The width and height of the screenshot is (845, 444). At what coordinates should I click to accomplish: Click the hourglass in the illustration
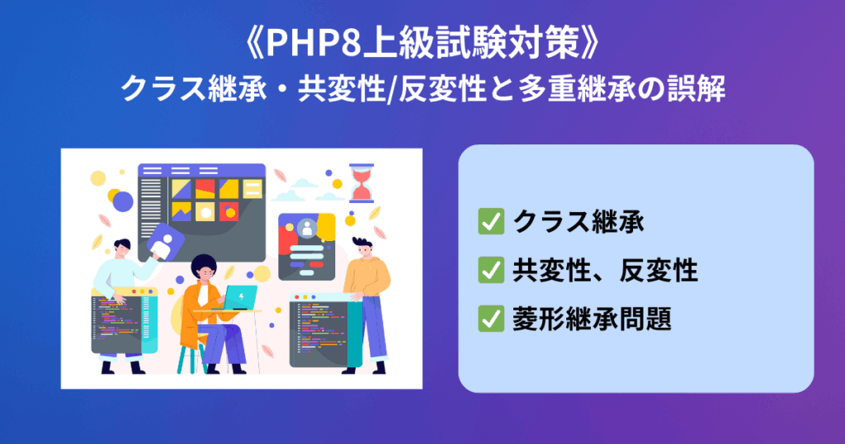tap(361, 183)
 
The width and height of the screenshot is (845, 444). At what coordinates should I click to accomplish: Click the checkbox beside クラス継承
tap(491, 221)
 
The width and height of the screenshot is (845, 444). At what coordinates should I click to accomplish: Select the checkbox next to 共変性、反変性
tap(491, 270)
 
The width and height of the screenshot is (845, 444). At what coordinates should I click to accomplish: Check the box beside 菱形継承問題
tap(491, 319)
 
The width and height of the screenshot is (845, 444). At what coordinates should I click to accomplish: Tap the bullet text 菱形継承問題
tap(592, 319)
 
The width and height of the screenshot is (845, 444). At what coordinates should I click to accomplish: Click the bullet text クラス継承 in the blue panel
tap(578, 221)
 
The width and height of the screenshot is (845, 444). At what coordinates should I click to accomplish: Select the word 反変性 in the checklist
tap(659, 270)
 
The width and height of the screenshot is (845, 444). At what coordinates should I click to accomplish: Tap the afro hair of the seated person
tap(204, 265)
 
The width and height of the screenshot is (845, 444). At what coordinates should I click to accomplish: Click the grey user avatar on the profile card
tap(307, 228)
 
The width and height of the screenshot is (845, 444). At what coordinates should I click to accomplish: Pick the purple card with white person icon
tap(165, 242)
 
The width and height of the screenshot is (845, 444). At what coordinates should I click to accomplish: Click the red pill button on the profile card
tap(317, 265)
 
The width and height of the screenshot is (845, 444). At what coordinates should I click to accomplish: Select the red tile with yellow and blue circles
tap(229, 211)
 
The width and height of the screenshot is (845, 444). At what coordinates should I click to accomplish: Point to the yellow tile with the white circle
tap(205, 211)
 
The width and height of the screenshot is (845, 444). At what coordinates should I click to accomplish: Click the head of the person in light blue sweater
tap(122, 249)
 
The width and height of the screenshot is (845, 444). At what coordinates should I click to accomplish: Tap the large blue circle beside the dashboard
tap(123, 201)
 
